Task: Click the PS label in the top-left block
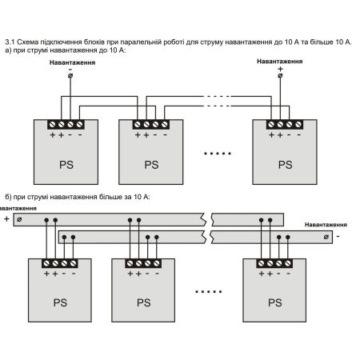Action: [x=66, y=165]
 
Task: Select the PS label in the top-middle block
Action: [x=151, y=165]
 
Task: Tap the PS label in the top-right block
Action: [x=286, y=165]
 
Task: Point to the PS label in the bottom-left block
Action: [x=60, y=302]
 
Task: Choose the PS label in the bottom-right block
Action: [x=275, y=302]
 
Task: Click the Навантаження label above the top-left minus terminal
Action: [x=72, y=62]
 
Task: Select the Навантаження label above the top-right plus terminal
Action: [x=280, y=62]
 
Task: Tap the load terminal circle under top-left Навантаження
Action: [x=70, y=76]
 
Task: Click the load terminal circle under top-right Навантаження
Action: [x=280, y=76]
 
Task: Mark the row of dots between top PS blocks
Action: [x=218, y=154]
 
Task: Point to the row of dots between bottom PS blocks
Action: [x=209, y=291]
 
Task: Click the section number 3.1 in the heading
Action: [x=10, y=42]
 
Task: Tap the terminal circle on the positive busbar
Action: [x=19, y=219]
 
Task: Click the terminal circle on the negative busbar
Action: [x=326, y=237]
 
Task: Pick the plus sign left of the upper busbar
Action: [x=6, y=219]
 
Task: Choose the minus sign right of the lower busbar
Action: [x=338, y=236]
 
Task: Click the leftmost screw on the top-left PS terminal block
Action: [x=53, y=124]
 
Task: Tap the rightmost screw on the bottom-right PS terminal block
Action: [x=288, y=263]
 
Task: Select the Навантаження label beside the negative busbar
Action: [x=326, y=225]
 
